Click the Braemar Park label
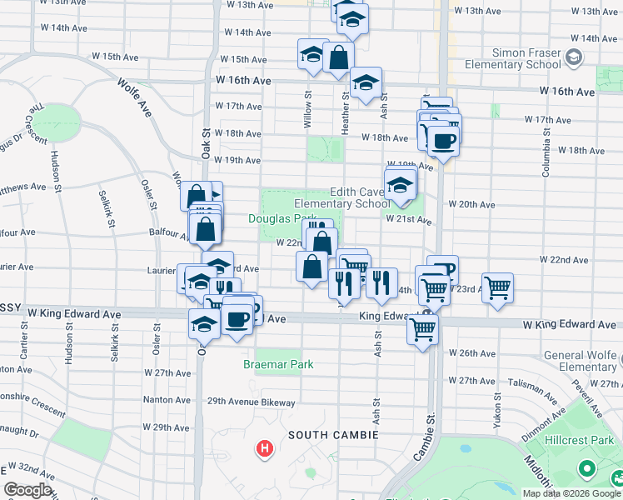coord(278,364)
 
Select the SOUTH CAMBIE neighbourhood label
coord(333,435)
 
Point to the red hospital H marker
coord(265,450)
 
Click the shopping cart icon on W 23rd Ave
coord(497,288)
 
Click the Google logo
coord(27,490)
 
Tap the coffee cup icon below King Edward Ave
coord(238,318)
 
